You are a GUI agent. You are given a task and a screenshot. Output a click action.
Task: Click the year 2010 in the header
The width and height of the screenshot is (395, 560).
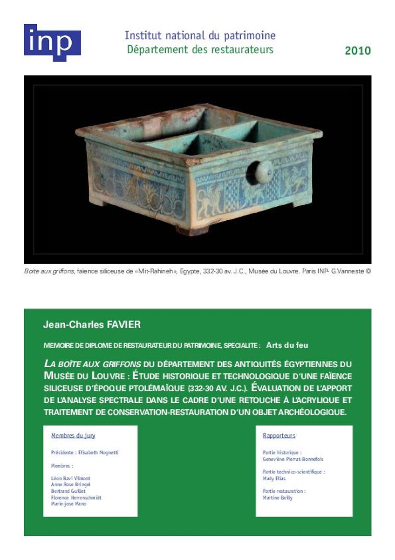(x=358, y=51)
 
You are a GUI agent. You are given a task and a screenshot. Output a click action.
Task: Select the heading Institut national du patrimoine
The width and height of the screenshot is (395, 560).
(x=200, y=35)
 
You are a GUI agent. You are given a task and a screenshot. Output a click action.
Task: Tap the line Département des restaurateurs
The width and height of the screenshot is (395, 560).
(x=200, y=49)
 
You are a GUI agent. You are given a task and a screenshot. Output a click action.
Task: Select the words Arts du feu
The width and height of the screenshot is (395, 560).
(x=287, y=345)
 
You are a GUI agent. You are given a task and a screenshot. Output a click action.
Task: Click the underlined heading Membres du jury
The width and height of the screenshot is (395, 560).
(x=73, y=435)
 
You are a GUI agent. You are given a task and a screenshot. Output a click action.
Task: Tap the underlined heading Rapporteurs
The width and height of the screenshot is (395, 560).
(x=279, y=435)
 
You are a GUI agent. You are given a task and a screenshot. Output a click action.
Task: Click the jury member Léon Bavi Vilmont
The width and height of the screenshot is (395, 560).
(x=70, y=478)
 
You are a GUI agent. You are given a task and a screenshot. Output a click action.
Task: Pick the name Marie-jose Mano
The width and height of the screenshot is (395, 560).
(x=68, y=504)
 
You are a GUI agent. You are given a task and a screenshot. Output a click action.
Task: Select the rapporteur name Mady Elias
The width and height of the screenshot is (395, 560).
(x=274, y=478)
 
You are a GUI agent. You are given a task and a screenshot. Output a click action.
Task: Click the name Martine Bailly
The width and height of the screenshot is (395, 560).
(x=278, y=498)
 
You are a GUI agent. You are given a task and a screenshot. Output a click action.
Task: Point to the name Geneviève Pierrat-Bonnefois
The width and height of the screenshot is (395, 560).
(x=293, y=459)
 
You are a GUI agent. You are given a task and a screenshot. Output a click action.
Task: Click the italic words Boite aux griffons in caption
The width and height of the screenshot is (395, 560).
(x=50, y=271)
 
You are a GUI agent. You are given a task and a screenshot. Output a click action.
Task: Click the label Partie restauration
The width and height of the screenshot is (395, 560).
(x=284, y=491)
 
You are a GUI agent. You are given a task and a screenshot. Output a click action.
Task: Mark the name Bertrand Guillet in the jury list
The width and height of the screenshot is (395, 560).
(x=68, y=491)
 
